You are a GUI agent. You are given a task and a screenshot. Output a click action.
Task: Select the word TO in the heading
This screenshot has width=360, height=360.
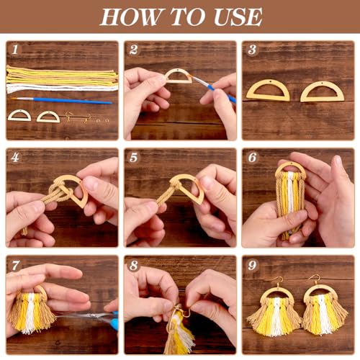[182, 16]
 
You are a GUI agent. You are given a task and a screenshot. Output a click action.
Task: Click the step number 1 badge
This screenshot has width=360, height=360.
[14, 49]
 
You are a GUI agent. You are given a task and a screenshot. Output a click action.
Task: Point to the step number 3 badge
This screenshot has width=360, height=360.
[251, 49]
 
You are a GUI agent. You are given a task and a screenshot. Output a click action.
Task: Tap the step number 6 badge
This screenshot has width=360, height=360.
[251, 157]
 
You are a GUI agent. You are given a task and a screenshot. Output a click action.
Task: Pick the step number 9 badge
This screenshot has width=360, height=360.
[251, 264]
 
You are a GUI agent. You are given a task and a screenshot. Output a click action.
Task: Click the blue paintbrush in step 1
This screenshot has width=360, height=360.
[65, 101]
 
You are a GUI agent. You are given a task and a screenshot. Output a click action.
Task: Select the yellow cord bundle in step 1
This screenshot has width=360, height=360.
[61, 75]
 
